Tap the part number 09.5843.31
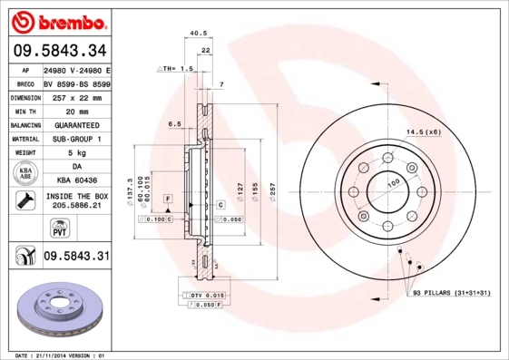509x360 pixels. click(76, 257)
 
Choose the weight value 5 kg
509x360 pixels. click(76, 152)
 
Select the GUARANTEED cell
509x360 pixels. click(76, 124)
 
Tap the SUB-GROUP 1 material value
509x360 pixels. click(76, 139)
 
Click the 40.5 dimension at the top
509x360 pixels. click(196, 34)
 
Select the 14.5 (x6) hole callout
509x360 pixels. click(423, 132)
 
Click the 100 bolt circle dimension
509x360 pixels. click(393, 184)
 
